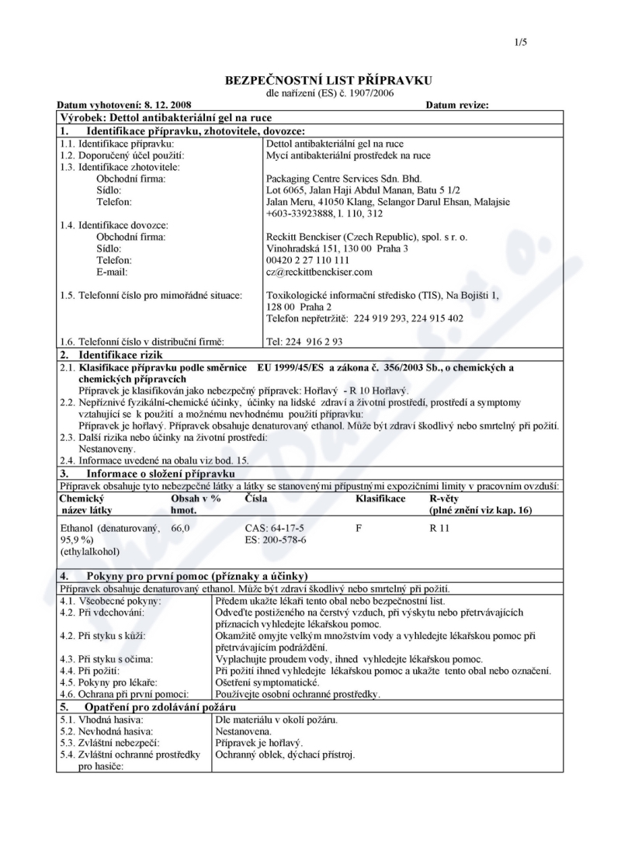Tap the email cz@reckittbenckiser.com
(319, 272)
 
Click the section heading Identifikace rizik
(123, 354)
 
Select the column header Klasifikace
(380, 498)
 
